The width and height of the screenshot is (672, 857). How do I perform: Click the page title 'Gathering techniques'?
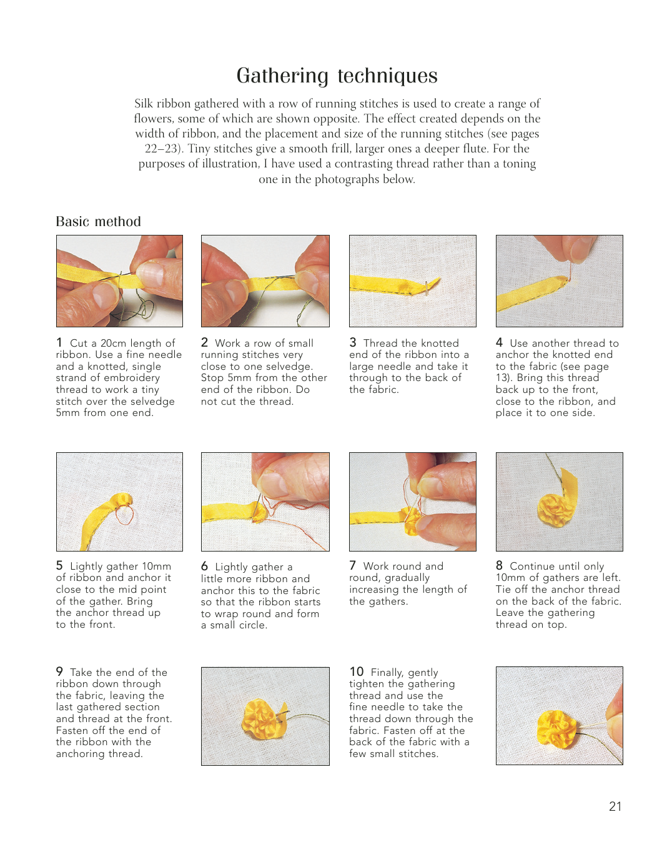[337, 76]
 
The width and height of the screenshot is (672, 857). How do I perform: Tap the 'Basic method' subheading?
[98, 221]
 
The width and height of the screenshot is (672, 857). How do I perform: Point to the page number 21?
[615, 806]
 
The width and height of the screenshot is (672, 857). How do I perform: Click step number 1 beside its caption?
[59, 342]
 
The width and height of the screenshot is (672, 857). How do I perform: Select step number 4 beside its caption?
[499, 342]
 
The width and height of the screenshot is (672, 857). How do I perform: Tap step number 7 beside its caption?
[352, 565]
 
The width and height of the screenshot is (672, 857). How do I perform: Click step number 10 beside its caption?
[357, 671]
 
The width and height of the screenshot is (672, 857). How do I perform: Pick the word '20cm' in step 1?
[113, 343]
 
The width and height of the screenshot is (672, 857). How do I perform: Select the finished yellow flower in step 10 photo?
[556, 729]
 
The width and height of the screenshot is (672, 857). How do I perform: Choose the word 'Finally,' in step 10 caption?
[387, 673]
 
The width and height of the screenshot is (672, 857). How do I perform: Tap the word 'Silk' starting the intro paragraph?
[144, 103]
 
